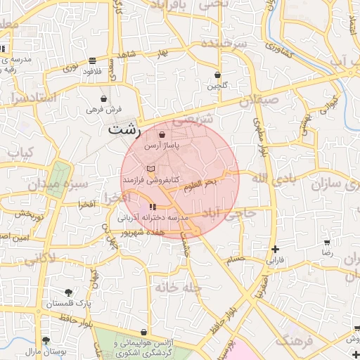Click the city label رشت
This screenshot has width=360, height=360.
[124, 131]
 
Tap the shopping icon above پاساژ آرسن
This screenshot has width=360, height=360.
[162, 135]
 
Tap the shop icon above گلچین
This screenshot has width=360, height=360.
[217, 75]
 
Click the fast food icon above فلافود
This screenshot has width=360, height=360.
[93, 60]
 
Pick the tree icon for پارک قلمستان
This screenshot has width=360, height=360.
[69, 292]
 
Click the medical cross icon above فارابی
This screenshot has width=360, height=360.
[275, 249]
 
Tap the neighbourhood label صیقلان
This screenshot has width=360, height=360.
[259, 100]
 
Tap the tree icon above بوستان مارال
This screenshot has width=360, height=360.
[46, 340]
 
